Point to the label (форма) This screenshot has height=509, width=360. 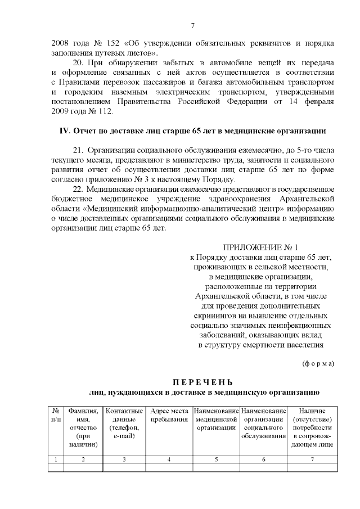coord(318,363)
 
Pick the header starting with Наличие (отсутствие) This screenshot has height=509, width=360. coord(312,427)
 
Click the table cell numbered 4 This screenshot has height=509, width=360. coord(169,460)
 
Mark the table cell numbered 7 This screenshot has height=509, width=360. coord(312,460)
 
